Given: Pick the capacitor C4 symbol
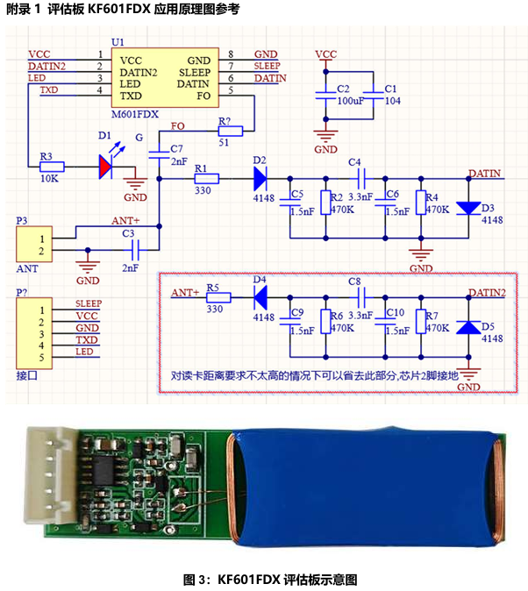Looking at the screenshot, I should [355, 178].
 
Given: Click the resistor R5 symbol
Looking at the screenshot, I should [218, 298].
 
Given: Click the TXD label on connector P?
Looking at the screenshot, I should [86, 338].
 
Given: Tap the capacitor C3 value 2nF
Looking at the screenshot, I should [129, 267].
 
